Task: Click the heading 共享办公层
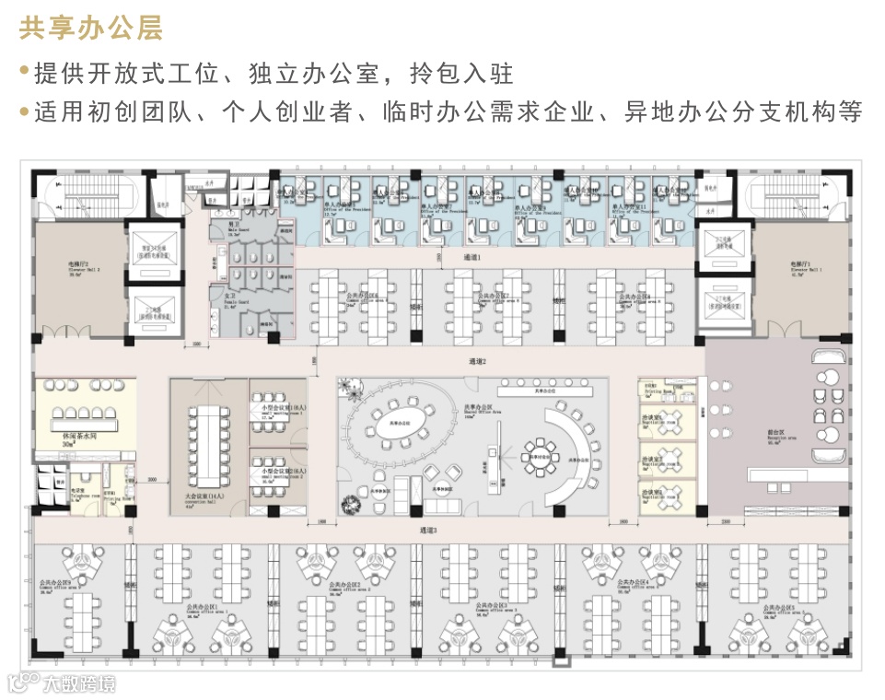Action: [91, 29]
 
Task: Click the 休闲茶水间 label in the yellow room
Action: [81, 437]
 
